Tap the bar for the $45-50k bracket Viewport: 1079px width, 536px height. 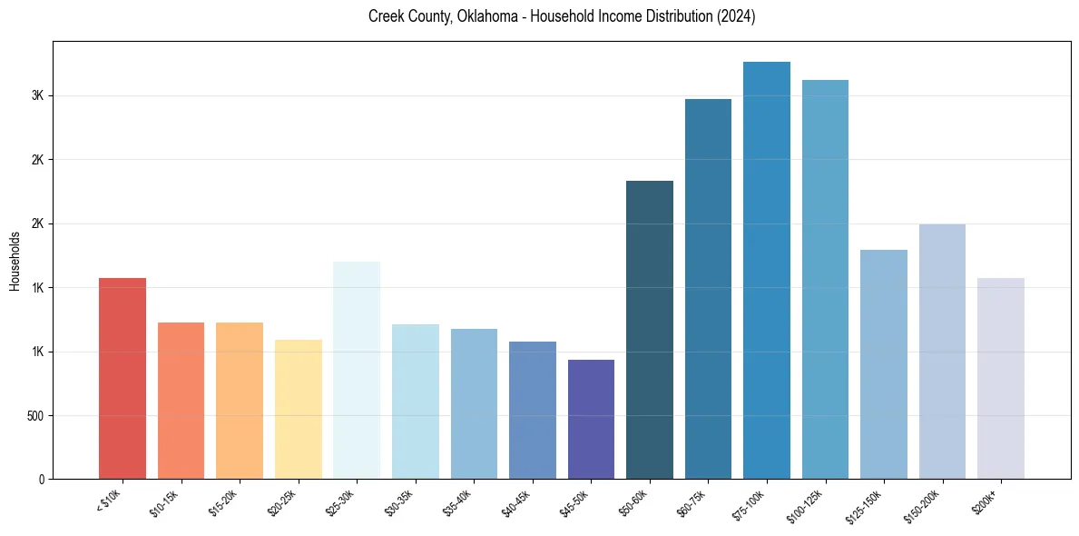[591, 419]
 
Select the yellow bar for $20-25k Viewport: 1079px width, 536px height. [298, 409]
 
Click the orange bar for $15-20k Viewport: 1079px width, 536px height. [240, 401]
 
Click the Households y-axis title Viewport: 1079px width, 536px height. [15, 261]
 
